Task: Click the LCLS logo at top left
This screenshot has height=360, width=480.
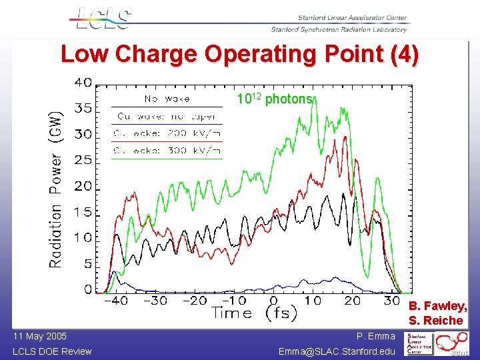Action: click(x=101, y=19)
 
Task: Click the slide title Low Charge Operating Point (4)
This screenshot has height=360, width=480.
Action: click(x=240, y=54)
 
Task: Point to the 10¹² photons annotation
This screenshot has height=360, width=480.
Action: click(x=275, y=99)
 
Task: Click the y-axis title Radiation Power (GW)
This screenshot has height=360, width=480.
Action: click(x=56, y=189)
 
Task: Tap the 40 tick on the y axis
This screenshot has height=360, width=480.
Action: click(x=83, y=83)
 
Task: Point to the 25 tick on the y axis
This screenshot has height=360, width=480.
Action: click(x=83, y=160)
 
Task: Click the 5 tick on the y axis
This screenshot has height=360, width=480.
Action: click(x=87, y=264)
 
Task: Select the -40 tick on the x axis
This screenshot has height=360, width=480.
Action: click(x=116, y=301)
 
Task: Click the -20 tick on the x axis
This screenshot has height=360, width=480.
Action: click(x=195, y=301)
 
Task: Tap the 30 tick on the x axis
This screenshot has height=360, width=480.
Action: click(x=393, y=301)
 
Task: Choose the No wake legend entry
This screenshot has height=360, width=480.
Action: click(x=167, y=99)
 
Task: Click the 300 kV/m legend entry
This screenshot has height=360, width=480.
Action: click(x=167, y=151)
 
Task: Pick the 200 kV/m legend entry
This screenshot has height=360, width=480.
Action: click(x=167, y=134)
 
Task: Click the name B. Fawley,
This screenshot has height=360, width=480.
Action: click(x=438, y=306)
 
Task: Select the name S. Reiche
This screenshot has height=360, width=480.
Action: click(x=438, y=321)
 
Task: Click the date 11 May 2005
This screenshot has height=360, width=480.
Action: click(x=39, y=337)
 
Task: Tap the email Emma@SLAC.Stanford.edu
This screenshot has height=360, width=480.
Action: click(x=337, y=351)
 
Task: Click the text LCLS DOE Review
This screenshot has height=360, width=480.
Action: click(x=52, y=351)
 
